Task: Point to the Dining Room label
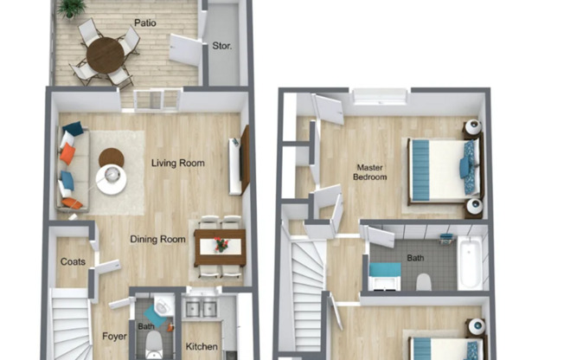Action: pyautogui.click(x=158, y=239)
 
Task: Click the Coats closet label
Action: pyautogui.click(x=71, y=262)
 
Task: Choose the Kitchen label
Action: pyautogui.click(x=202, y=347)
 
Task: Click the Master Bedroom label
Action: pyautogui.click(x=369, y=171)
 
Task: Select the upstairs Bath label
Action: pyautogui.click(x=416, y=258)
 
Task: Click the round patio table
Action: pyautogui.click(x=106, y=55)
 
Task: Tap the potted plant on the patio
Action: pyautogui.click(x=73, y=8)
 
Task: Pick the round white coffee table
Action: pyautogui.click(x=112, y=180)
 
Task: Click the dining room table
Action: pyautogui.click(x=221, y=247)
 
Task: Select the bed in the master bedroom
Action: pyautogui.click(x=442, y=170)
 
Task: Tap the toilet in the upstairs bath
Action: pyautogui.click(x=424, y=281)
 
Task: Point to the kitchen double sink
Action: pyautogui.click(x=201, y=309)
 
